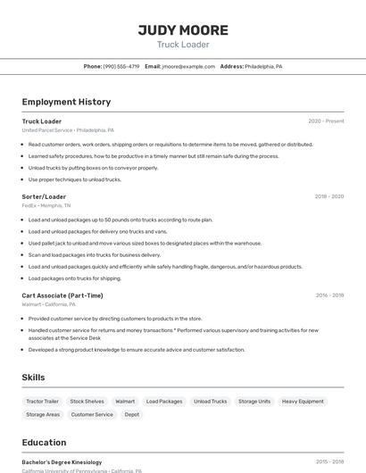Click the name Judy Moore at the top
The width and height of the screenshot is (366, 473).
[x=183, y=30]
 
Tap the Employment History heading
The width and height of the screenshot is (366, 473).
[x=66, y=102]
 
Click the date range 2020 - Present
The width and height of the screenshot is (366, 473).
[x=326, y=121]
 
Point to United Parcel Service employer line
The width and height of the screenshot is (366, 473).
[x=68, y=130]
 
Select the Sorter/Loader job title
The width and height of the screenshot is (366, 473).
[x=44, y=196]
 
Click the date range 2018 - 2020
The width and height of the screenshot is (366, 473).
[x=329, y=196]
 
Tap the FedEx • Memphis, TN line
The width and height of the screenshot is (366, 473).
[x=46, y=205]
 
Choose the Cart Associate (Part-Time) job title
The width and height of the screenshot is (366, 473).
[x=62, y=295]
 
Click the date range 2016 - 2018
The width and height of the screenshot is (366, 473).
[x=329, y=295]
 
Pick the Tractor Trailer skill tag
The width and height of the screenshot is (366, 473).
[x=43, y=402]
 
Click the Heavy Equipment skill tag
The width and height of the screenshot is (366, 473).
[x=303, y=402]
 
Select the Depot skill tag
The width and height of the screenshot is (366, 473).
[x=132, y=414]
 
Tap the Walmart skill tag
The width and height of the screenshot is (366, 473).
[x=125, y=402]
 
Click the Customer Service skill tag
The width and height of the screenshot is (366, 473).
[x=92, y=414]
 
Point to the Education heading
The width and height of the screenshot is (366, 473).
[x=44, y=443]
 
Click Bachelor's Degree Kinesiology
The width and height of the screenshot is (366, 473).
[x=62, y=462]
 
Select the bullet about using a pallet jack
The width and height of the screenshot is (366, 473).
[x=145, y=243]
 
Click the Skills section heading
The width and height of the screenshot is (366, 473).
[x=33, y=378]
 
